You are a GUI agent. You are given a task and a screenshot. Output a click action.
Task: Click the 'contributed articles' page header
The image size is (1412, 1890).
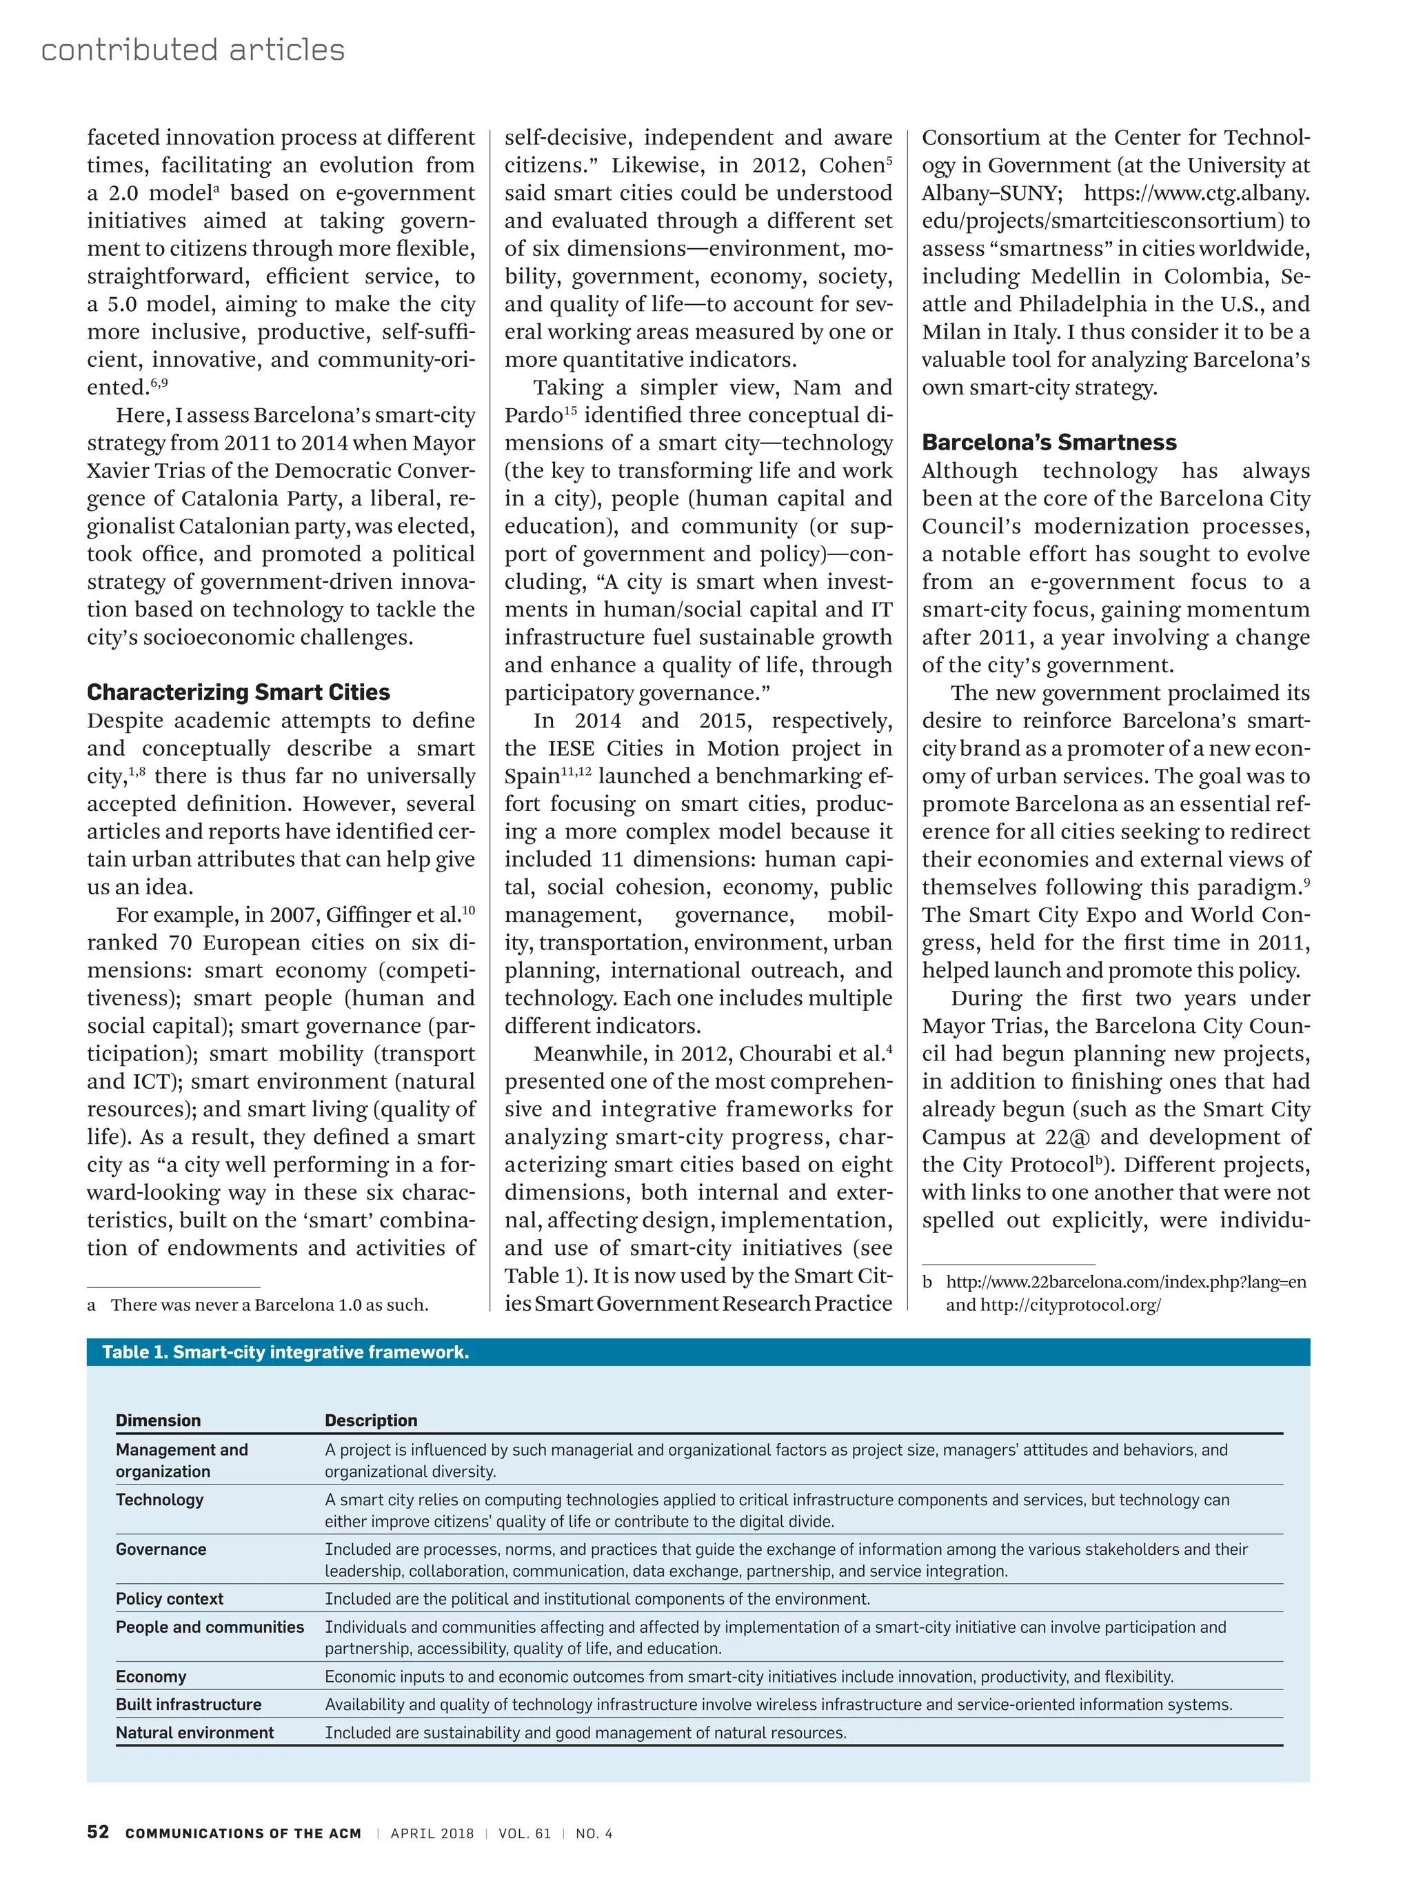click(192, 50)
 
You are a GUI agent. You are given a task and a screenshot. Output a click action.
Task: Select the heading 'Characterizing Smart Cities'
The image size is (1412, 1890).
click(239, 692)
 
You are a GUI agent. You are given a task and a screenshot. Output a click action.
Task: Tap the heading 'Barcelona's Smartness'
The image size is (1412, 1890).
click(1049, 442)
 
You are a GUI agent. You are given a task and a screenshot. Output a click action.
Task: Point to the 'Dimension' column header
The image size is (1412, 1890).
click(158, 1420)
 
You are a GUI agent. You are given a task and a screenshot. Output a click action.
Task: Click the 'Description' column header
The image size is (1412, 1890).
click(371, 1420)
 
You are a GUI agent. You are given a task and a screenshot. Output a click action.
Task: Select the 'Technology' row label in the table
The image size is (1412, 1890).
click(160, 1500)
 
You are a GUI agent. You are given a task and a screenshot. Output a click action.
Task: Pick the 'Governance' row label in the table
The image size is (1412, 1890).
click(161, 1549)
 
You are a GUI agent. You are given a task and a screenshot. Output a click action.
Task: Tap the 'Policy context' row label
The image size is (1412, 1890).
click(169, 1598)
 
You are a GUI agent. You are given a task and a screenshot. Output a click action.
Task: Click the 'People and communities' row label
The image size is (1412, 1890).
click(210, 1627)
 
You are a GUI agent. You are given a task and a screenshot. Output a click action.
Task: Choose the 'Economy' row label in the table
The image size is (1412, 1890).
click(150, 1676)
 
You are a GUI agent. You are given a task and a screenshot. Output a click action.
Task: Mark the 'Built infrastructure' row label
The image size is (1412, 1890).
click(188, 1705)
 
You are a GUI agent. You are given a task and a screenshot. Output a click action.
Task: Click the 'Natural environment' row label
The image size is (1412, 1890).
click(194, 1733)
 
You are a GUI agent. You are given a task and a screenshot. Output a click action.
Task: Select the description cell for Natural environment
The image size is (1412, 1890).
click(585, 1733)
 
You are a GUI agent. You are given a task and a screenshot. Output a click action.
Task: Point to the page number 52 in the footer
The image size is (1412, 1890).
click(97, 1832)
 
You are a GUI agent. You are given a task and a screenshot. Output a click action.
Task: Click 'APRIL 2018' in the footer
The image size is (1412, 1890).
click(432, 1833)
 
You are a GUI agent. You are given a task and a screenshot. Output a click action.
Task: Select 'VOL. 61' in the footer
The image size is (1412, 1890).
click(525, 1833)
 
